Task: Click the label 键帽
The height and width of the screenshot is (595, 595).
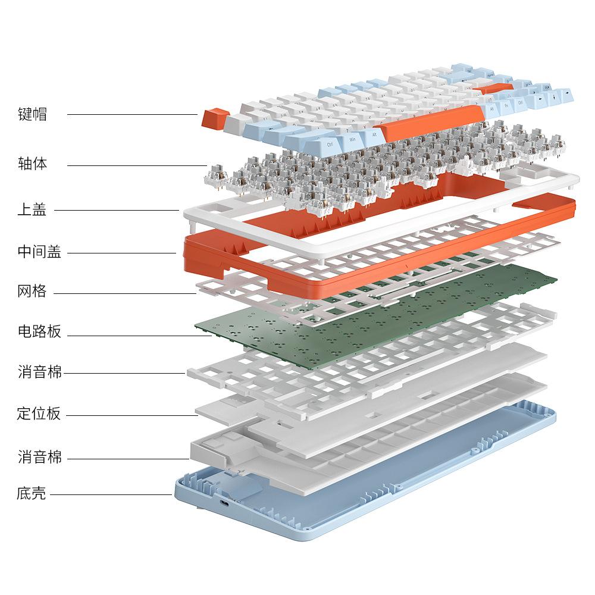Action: (32, 114)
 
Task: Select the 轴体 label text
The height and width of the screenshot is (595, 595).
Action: (32, 164)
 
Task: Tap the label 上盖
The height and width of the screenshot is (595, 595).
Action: (32, 209)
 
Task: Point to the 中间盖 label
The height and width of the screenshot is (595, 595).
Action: (39, 252)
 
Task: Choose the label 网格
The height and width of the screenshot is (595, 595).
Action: (32, 291)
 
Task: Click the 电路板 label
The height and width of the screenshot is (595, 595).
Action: (39, 331)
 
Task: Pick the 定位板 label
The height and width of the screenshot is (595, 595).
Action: (39, 414)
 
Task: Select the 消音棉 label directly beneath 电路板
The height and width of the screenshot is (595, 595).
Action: (39, 372)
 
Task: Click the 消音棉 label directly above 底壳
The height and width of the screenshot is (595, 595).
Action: (39, 457)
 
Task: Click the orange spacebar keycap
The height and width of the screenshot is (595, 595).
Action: (431, 123)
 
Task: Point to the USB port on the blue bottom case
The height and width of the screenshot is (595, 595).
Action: (225, 504)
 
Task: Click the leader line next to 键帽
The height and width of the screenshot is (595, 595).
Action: (133, 114)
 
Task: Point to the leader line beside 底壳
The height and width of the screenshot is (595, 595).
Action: (111, 494)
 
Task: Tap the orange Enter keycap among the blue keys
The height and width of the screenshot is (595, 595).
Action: (494, 89)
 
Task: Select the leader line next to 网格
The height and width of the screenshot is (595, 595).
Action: (125, 293)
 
